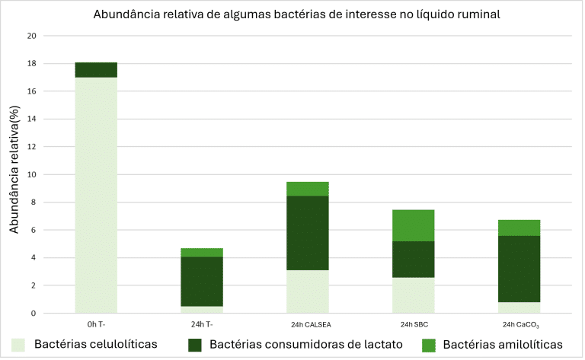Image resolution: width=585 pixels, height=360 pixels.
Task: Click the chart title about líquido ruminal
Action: coord(296,15)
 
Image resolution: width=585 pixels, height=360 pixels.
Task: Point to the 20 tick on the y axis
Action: coord(31,36)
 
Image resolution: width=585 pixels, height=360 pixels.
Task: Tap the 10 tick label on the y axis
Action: coord(31,174)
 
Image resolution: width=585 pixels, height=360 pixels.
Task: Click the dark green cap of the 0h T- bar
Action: coord(96,70)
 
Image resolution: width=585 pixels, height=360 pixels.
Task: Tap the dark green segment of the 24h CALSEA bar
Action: coord(308,233)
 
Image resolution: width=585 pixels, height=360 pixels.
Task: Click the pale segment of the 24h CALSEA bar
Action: coord(308,292)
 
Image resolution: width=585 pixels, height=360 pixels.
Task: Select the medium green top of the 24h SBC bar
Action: coord(414,225)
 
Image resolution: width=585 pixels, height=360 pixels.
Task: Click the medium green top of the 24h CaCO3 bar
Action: coord(519,228)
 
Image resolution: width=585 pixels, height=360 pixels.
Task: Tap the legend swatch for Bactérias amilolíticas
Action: coord(429,345)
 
